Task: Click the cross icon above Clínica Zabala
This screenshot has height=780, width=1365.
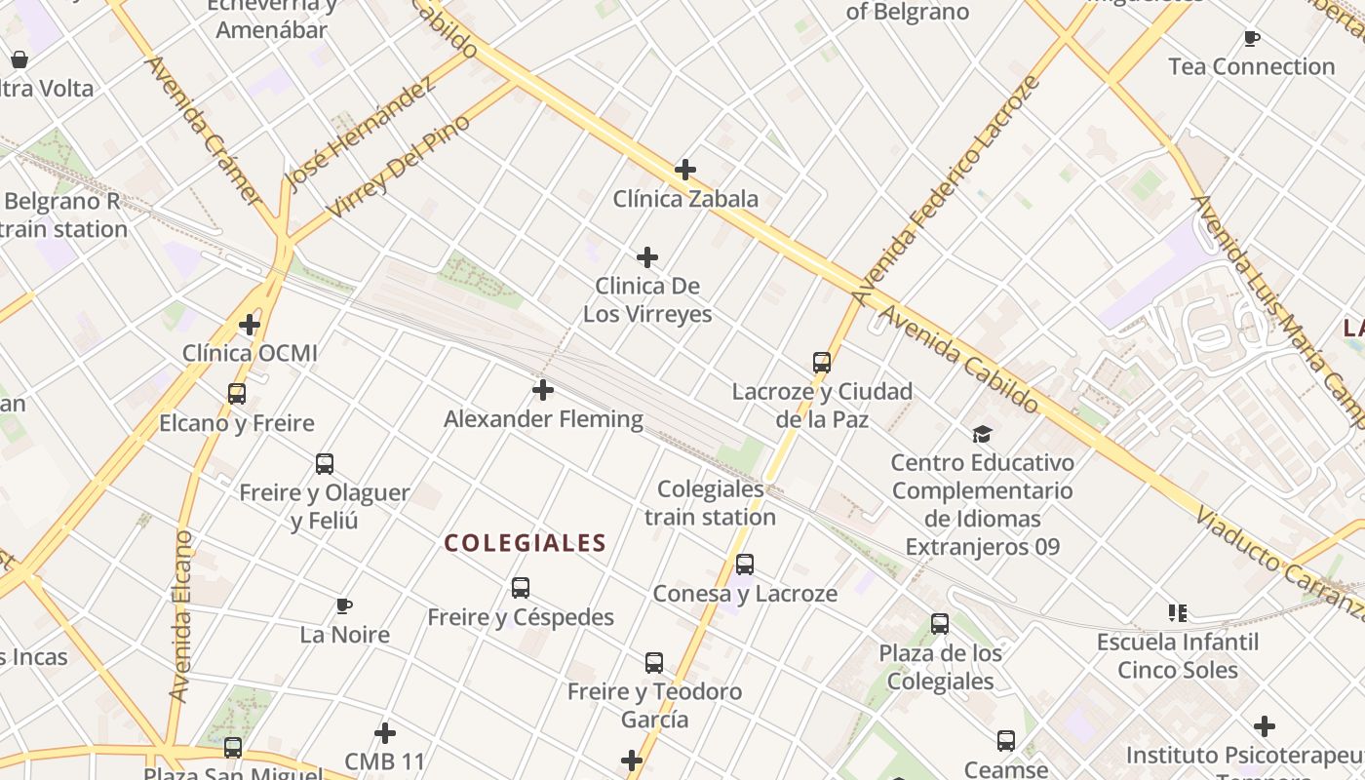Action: click(685, 170)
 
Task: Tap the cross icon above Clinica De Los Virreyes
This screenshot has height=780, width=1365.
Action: click(647, 257)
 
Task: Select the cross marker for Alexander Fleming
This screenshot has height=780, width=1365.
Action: click(543, 390)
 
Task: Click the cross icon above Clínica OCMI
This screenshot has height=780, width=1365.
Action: click(250, 324)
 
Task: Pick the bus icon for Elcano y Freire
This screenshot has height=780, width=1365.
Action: click(237, 394)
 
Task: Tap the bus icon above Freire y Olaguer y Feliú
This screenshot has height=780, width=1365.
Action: click(325, 463)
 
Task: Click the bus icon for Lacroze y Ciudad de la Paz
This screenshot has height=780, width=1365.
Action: click(822, 363)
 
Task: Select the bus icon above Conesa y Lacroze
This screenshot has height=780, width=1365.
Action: click(745, 565)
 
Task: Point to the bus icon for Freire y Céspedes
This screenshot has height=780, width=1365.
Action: click(521, 588)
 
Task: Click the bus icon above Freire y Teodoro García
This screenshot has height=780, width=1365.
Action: click(654, 663)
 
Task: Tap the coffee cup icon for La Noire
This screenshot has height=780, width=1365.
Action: click(344, 605)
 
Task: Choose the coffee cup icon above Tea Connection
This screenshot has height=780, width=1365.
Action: click(1252, 38)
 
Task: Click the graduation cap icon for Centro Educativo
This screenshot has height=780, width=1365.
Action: click(982, 434)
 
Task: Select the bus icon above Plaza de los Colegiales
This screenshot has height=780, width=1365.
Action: click(940, 624)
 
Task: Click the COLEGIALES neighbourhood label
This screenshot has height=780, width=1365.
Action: click(526, 543)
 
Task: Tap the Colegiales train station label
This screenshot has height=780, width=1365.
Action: click(710, 503)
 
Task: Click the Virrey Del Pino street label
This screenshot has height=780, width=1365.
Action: click(399, 166)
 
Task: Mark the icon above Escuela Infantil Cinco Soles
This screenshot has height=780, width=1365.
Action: click(1178, 613)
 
